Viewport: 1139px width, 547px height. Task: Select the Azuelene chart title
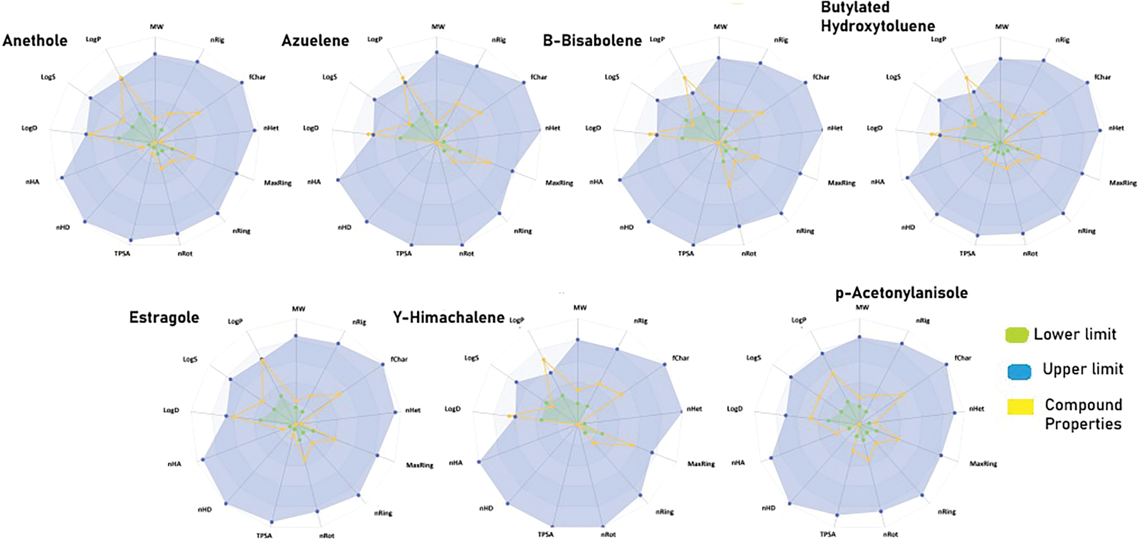point(315,41)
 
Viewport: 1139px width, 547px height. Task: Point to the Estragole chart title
point(164,318)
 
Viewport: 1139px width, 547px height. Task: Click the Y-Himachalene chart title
point(448,318)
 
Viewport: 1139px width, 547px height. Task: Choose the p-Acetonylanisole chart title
point(901,293)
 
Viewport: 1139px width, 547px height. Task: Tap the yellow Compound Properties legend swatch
point(1020,406)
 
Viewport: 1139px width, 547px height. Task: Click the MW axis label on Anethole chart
point(157,26)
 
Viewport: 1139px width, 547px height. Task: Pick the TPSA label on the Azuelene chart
point(404,253)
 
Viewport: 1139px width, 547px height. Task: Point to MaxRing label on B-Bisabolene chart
point(841,183)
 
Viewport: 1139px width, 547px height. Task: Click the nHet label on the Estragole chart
point(412,410)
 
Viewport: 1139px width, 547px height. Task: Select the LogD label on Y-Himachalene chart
point(452,409)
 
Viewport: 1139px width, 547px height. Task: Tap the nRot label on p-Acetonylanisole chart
point(890,534)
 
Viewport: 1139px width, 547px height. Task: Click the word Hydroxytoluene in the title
point(878,26)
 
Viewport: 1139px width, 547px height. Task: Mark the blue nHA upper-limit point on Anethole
point(62,178)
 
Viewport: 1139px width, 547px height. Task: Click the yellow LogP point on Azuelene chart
point(403,78)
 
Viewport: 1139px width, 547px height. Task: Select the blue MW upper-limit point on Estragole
point(296,336)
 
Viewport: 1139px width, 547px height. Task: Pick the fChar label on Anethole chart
point(257,77)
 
